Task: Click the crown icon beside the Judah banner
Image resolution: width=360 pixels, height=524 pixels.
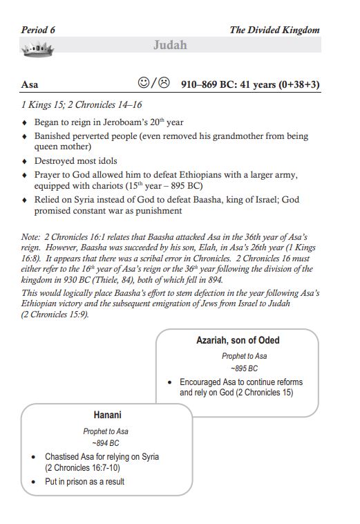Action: click(38, 48)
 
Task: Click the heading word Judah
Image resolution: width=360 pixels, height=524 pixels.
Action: click(170, 46)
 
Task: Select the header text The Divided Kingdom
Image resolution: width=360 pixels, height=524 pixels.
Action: click(274, 30)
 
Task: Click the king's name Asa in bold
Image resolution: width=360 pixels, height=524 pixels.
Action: click(30, 85)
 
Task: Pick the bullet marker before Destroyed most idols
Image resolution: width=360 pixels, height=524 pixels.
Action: click(25, 161)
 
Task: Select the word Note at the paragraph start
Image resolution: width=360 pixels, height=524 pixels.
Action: click(32, 237)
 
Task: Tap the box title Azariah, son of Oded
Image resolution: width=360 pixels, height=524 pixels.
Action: click(238, 341)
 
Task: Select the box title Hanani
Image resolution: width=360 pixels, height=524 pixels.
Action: click(108, 415)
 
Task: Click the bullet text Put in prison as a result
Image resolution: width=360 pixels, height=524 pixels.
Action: click(84, 481)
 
